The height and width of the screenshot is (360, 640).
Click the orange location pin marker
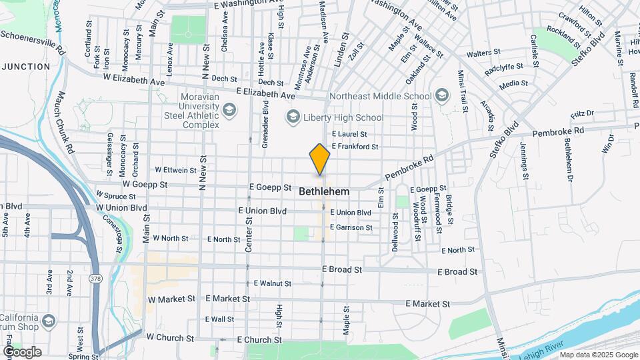(319, 159)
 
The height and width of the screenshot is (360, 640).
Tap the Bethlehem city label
(324, 191)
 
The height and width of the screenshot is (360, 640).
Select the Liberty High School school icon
(293, 118)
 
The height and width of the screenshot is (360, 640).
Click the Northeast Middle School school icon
(441, 96)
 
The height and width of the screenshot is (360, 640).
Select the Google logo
(21, 352)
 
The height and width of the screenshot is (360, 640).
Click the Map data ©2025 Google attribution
(599, 355)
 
